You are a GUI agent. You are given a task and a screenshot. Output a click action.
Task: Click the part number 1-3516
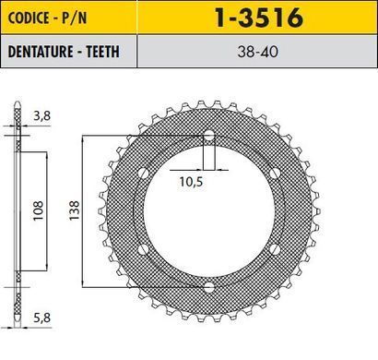pos(259,18)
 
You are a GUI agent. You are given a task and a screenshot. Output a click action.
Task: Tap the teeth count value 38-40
pos(257,52)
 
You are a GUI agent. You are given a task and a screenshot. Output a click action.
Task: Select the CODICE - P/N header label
pos(47,18)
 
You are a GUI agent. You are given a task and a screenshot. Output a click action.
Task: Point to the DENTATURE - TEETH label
pos(64,52)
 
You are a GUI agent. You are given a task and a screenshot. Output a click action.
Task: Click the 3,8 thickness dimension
pos(41,116)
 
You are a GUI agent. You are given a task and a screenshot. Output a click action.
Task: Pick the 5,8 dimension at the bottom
pos(41,318)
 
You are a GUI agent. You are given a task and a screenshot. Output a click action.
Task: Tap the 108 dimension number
pos(38,210)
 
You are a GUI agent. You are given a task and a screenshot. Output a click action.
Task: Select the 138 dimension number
pos(74,210)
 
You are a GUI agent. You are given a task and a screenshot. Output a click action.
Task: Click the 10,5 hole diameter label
pos(191,182)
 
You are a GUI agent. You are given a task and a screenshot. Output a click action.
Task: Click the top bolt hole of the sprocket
pos(209,135)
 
